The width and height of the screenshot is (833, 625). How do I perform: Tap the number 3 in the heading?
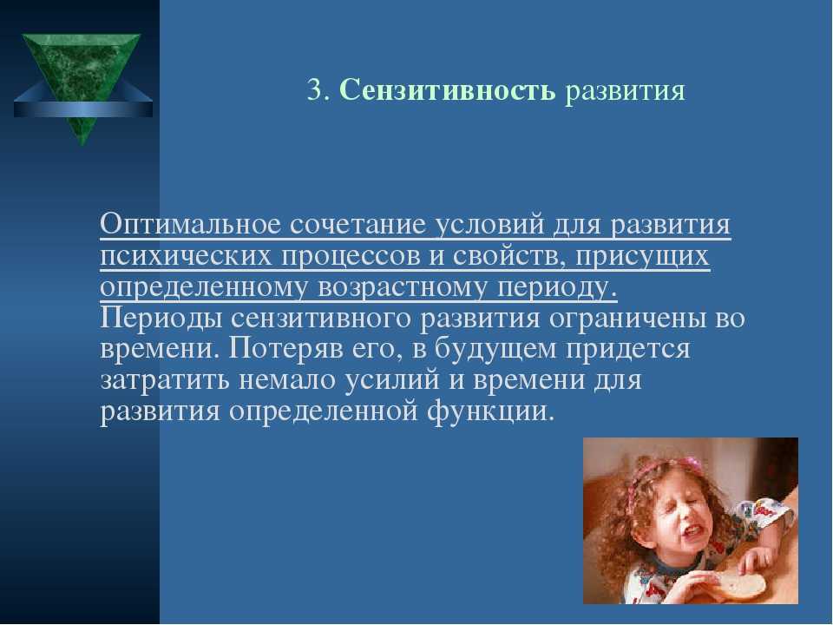pyautogui.click(x=314, y=89)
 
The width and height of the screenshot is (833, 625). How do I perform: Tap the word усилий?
pyautogui.click(x=392, y=380)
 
